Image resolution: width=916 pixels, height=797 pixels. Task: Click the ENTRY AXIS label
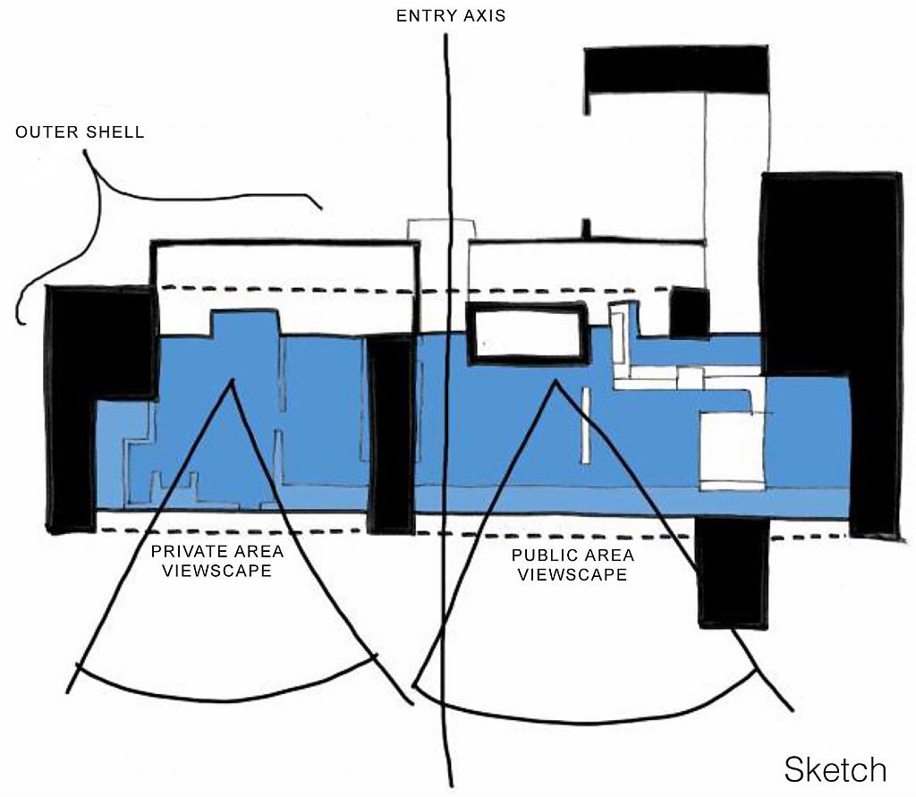point(451,16)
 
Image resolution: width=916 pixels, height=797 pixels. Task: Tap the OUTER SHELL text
point(80,132)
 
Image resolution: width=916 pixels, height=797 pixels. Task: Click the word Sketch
point(835,769)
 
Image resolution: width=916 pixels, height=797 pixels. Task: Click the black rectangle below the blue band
point(731,572)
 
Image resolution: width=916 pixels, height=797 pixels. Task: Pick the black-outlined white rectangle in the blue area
point(528,334)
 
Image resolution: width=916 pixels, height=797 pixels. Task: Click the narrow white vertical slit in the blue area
point(586,425)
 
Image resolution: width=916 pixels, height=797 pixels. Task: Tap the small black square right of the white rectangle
point(689,312)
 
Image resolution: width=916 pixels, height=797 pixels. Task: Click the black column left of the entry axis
point(391,434)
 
